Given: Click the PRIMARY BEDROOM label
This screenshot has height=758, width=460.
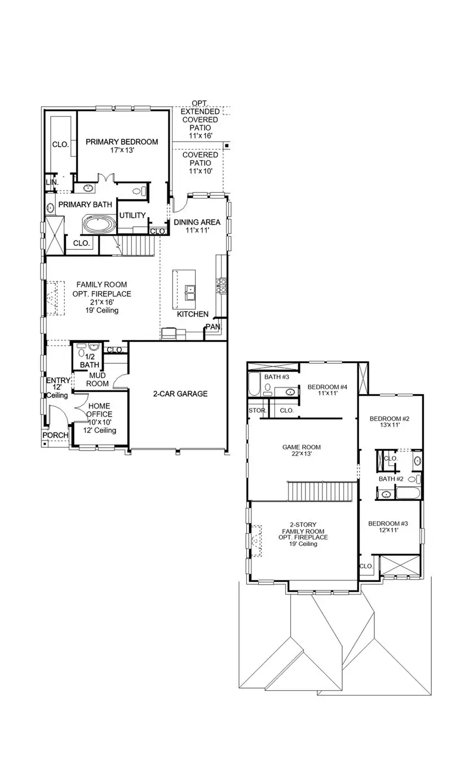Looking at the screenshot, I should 122,142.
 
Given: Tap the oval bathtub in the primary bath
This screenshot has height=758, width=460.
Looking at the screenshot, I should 99,224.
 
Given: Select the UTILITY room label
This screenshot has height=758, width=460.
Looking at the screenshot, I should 132,215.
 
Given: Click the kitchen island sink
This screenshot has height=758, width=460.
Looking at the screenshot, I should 191,292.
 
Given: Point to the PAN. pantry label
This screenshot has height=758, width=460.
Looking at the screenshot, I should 213,327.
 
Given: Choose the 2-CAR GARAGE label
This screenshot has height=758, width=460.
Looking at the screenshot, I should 180,394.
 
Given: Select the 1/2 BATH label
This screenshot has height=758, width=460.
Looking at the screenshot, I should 89,361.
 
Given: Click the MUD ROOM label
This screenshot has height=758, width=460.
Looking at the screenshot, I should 97,380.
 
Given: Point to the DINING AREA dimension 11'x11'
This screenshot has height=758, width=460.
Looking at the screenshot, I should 196,231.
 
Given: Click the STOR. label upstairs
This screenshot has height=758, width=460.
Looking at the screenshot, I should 257,411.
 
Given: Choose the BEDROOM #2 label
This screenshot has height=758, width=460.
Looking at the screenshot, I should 389,418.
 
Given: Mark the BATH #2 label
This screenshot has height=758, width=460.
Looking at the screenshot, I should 390,479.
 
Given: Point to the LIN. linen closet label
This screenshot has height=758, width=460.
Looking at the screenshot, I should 51,183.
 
